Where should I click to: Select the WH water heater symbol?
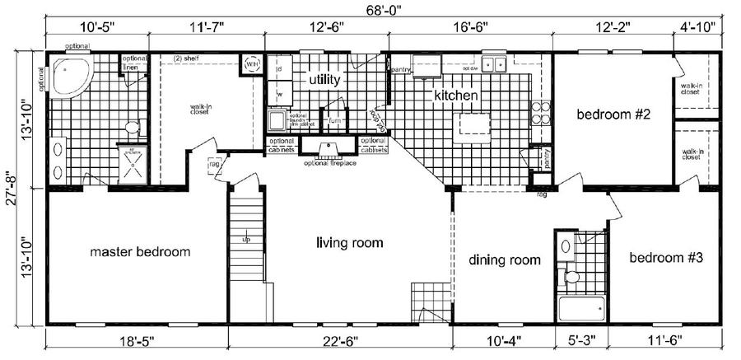250,63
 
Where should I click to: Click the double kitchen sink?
494,63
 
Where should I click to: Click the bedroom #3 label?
665,258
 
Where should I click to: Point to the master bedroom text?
141,251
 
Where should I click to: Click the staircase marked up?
245,247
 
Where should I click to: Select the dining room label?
505,259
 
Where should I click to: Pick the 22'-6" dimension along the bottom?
339,339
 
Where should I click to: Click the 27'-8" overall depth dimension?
11,189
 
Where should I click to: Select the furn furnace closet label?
334,120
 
